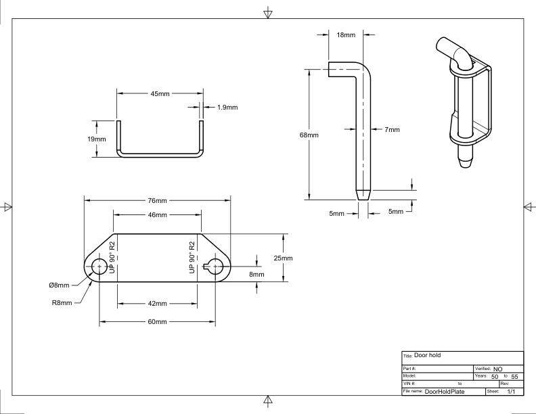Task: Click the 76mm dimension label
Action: tap(157, 200)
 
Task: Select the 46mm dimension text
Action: tap(157, 215)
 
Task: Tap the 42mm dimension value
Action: tap(157, 303)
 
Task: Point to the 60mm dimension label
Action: tap(157, 322)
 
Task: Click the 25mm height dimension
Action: tap(283, 258)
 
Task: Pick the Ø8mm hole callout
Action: tap(59, 285)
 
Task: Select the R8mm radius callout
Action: tap(62, 302)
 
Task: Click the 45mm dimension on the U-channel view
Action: tap(160, 93)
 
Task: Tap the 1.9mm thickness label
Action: tap(227, 108)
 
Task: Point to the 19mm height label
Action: tap(96, 139)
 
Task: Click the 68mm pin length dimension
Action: tap(309, 135)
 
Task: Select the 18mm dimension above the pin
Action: tap(346, 35)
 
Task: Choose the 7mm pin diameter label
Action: tap(392, 129)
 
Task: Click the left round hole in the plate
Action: tap(99, 267)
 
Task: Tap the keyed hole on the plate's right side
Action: tap(214, 267)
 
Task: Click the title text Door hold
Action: tap(427, 355)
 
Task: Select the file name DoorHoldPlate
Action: tap(445, 392)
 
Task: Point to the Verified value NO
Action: tap(497, 369)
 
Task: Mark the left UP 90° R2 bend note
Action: tap(112, 257)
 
